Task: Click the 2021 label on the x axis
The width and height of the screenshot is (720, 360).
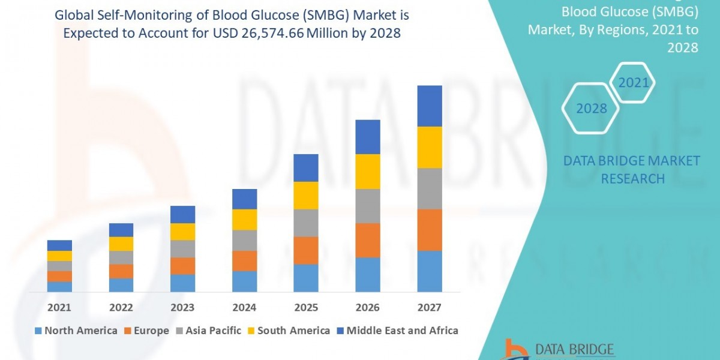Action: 59,308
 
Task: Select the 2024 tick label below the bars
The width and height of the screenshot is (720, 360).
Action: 244,308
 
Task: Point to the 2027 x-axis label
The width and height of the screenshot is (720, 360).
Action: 429,308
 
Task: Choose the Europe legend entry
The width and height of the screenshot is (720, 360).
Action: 146,331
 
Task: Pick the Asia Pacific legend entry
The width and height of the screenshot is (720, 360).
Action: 208,331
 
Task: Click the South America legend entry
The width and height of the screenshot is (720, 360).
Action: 287,331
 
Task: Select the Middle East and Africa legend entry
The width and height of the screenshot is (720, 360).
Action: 397,331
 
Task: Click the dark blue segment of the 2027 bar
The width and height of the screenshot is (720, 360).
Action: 430,106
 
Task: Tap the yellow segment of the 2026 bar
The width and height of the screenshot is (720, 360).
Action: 368,172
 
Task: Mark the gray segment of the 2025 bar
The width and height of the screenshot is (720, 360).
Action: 306,223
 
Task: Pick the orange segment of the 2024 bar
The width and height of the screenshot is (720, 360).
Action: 244,261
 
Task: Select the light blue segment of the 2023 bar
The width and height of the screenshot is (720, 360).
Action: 182,283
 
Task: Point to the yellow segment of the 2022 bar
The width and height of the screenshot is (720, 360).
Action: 121,244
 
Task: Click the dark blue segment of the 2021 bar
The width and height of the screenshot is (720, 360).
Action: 59,245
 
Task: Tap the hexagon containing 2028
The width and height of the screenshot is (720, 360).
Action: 590,108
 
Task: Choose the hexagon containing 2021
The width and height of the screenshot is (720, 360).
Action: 634,82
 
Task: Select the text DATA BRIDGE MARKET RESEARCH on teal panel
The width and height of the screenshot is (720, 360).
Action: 632,169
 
